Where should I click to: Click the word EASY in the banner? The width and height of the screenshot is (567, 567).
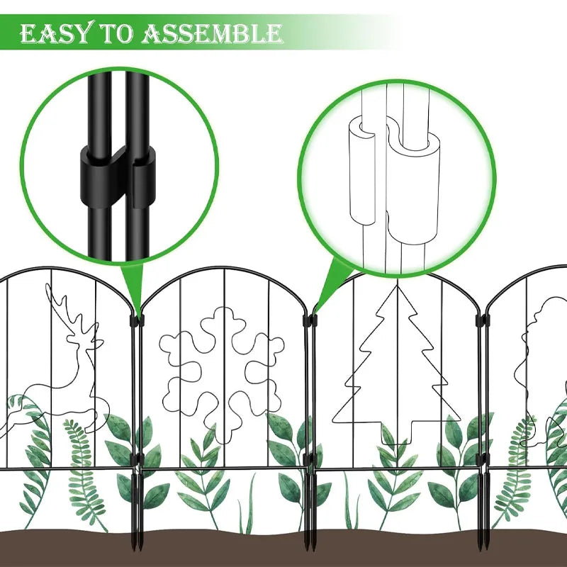[55, 33]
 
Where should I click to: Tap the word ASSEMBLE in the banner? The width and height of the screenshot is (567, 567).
[212, 33]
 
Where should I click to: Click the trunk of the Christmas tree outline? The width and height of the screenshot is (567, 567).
[397, 433]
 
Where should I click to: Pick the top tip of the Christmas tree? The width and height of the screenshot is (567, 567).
[398, 286]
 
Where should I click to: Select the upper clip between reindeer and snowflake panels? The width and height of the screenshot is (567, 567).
[137, 320]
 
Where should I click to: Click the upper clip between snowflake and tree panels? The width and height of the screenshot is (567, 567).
[310, 320]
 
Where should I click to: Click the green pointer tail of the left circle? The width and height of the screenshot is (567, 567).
[134, 286]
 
